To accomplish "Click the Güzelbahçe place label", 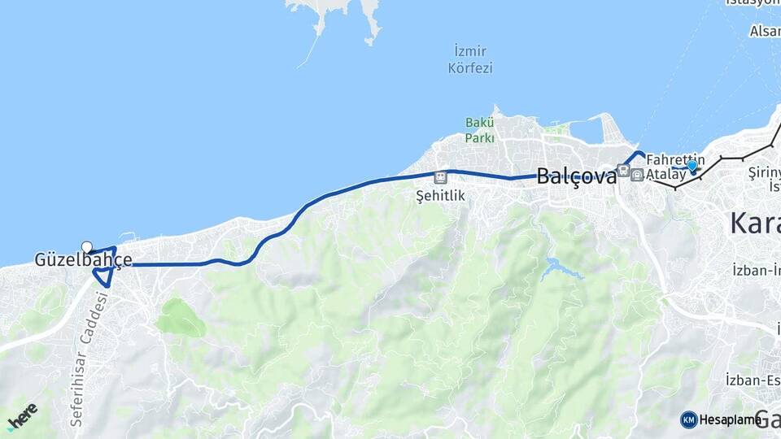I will [x=83, y=261].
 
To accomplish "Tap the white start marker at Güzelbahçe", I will [x=87, y=247].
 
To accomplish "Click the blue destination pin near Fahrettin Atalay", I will [x=692, y=166].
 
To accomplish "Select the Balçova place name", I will [x=576, y=176].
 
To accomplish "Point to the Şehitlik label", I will [x=439, y=195].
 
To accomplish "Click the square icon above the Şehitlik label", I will [x=440, y=176].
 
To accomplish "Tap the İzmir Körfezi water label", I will [x=470, y=60].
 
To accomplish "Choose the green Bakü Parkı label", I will [x=479, y=130].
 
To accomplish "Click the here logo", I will [x=22, y=416].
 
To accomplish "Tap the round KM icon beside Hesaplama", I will [x=688, y=419].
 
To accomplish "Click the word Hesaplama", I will [x=726, y=419].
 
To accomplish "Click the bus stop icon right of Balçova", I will [x=623, y=170].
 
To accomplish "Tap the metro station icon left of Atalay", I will [x=637, y=175].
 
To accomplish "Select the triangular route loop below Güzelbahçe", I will [x=103, y=276].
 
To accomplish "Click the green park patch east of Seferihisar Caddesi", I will [x=181, y=318].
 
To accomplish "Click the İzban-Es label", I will [x=753, y=379].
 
